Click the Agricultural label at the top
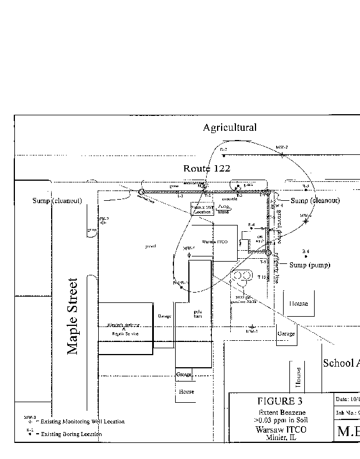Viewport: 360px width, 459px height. pyautogui.click(x=230, y=127)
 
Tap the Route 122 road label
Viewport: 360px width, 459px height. pyautogui.click(x=207, y=169)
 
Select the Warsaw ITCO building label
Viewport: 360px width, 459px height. pyautogui.click(x=214, y=242)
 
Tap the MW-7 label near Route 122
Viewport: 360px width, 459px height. pyautogui.click(x=281, y=147)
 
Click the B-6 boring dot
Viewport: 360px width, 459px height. pyautogui.click(x=306, y=256)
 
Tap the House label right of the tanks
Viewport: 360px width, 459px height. pyautogui.click(x=298, y=304)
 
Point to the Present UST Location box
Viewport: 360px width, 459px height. pyautogui.click(x=202, y=208)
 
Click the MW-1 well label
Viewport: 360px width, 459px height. pyautogui.click(x=252, y=332)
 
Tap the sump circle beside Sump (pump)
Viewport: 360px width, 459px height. pyautogui.click(x=268, y=252)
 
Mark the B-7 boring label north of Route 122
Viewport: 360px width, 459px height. pyautogui.click(x=224, y=149)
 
